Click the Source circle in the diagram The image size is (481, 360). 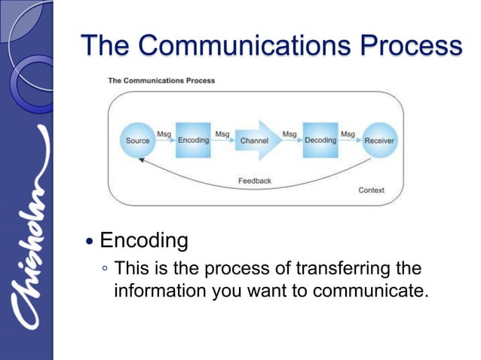[138, 140]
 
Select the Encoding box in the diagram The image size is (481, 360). [193, 140]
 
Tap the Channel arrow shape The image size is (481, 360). [256, 140]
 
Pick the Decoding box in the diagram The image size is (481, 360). [320, 140]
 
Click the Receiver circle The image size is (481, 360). [378, 140]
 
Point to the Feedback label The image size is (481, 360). [254, 181]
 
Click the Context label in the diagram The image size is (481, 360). [371, 191]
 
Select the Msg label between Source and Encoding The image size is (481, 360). [164, 134]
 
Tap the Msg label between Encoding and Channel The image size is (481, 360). [222, 134]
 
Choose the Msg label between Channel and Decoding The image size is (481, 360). [289, 134]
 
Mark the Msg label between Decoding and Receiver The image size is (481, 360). [348, 134]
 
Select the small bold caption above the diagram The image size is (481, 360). [161, 81]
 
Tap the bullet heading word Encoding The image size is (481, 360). [143, 241]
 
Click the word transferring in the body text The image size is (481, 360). [342, 269]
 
